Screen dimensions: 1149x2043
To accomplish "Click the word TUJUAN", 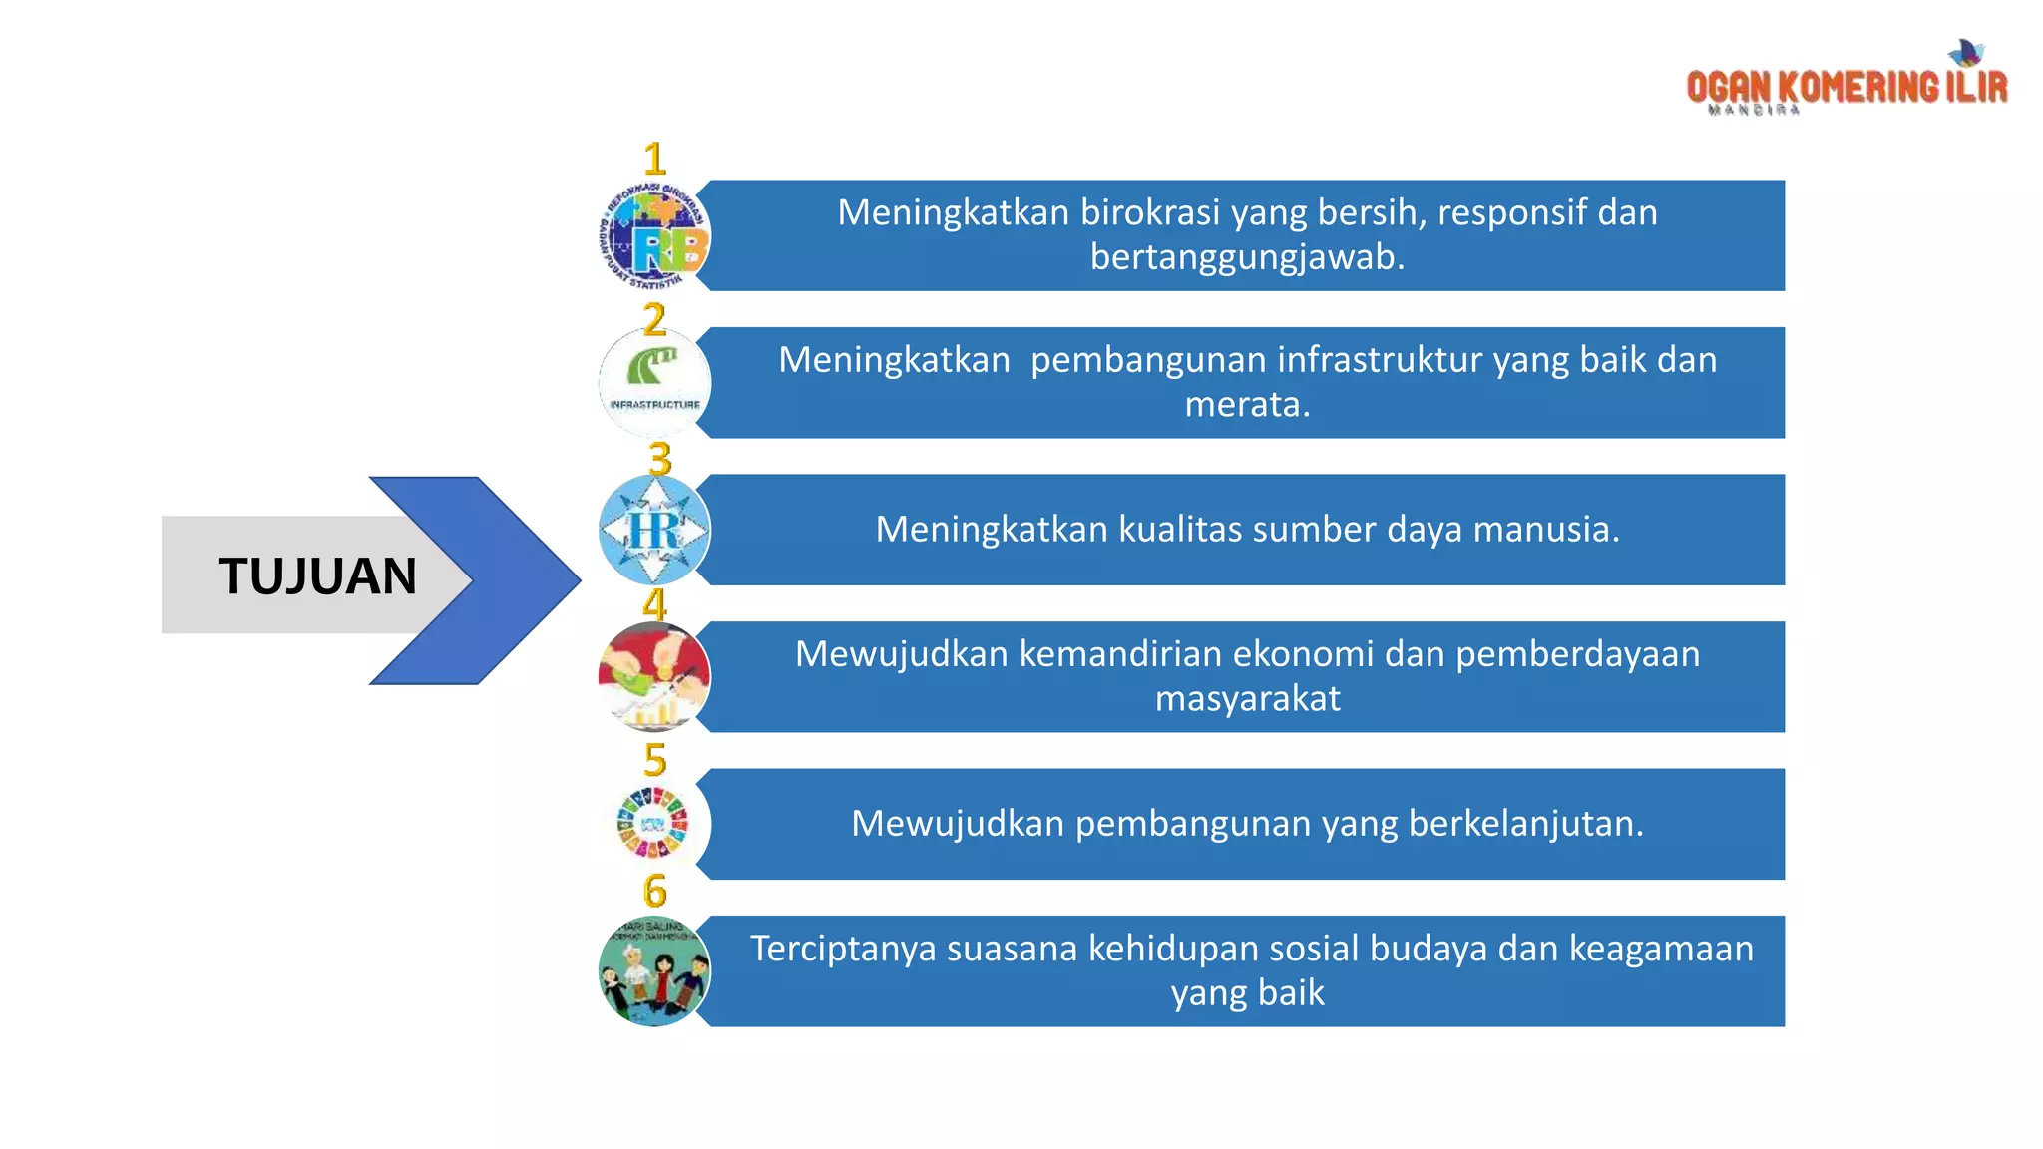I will click(x=317, y=576).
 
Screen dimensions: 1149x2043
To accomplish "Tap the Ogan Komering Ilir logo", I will click(x=1846, y=82).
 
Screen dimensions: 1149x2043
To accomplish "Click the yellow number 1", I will click(x=654, y=160).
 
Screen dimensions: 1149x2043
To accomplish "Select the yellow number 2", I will click(x=654, y=319).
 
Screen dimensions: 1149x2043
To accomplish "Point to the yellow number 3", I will click(x=659, y=459).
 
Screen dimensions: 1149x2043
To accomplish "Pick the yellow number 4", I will click(x=654, y=605).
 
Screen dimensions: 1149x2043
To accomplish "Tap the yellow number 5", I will click(x=654, y=760).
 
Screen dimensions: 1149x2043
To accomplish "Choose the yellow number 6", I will click(x=654, y=891).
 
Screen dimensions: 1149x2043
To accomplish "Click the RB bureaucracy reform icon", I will click(x=654, y=236).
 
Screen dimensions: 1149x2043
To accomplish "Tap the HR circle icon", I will click(x=654, y=530).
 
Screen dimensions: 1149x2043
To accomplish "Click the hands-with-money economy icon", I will click(x=654, y=677).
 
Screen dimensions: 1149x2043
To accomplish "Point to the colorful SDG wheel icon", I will click(x=653, y=824).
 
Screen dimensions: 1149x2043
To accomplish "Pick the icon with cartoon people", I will click(x=654, y=971).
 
